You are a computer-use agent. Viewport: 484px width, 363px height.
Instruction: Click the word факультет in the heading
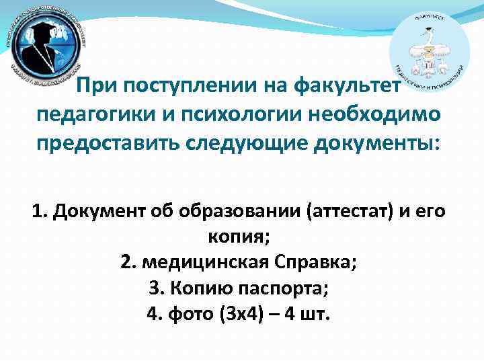point(349,87)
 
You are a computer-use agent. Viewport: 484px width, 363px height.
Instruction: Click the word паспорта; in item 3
point(287,288)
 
